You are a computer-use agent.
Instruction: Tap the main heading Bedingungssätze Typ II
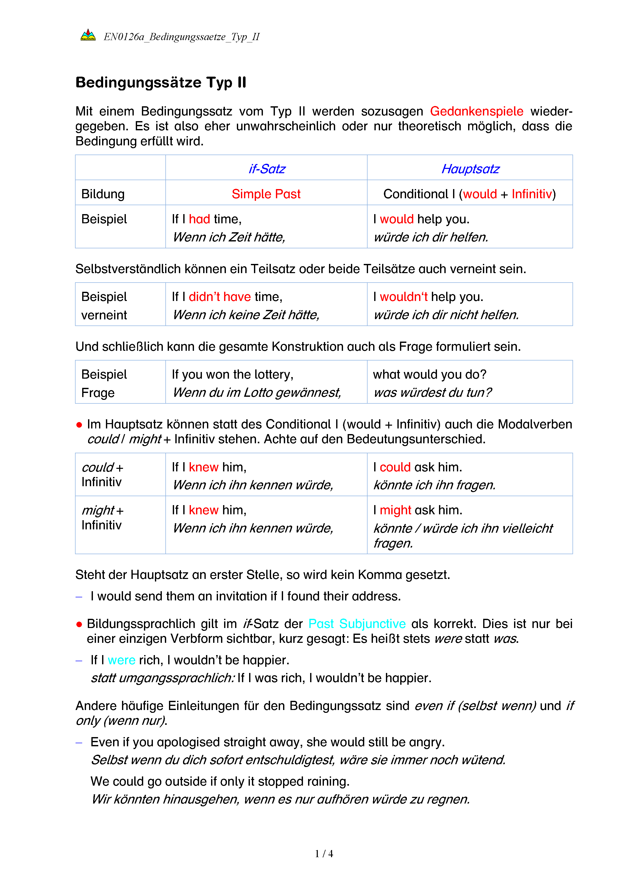click(x=161, y=83)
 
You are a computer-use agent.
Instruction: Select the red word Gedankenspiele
click(x=476, y=112)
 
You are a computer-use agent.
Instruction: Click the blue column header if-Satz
click(x=267, y=169)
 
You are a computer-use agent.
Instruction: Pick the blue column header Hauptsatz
click(x=470, y=169)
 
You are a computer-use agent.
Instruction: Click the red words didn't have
click(x=220, y=297)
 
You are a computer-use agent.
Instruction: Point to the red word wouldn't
click(x=404, y=297)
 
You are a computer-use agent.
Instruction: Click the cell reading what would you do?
click(x=430, y=375)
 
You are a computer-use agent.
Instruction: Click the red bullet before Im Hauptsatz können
click(x=79, y=425)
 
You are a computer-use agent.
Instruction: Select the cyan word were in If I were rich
click(x=121, y=660)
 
